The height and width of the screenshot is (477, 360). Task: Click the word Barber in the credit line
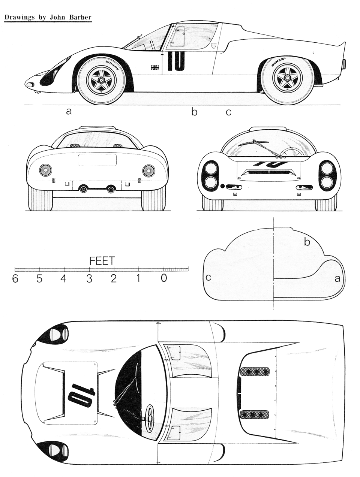[80, 17]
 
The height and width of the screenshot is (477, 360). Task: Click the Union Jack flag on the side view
[155, 67]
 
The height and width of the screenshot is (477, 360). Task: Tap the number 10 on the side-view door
[176, 61]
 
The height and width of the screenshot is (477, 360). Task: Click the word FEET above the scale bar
[102, 261]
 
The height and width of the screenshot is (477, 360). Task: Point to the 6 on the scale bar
[15, 278]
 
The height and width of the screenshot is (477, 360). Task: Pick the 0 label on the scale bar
[164, 278]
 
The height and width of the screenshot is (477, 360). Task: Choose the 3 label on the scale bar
[89, 278]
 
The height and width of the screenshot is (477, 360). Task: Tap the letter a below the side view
[69, 111]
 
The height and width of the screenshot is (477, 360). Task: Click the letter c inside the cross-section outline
[208, 277]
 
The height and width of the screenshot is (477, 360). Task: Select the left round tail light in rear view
[46, 170]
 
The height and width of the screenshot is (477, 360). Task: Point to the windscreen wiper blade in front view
[253, 142]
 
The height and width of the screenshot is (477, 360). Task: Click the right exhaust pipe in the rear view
[111, 189]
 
